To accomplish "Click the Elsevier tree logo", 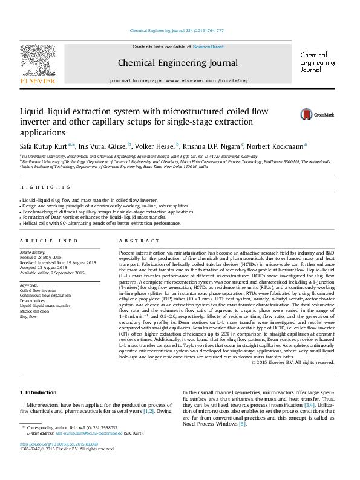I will (x=38, y=60).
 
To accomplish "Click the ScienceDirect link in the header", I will (x=208, y=47).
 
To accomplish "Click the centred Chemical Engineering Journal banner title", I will (x=177, y=63).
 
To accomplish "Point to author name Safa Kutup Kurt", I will (x=43, y=146).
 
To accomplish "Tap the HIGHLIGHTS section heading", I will (x=37, y=187).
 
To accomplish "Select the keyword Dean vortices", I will (x=33, y=300).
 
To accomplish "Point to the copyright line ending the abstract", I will (x=292, y=362).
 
